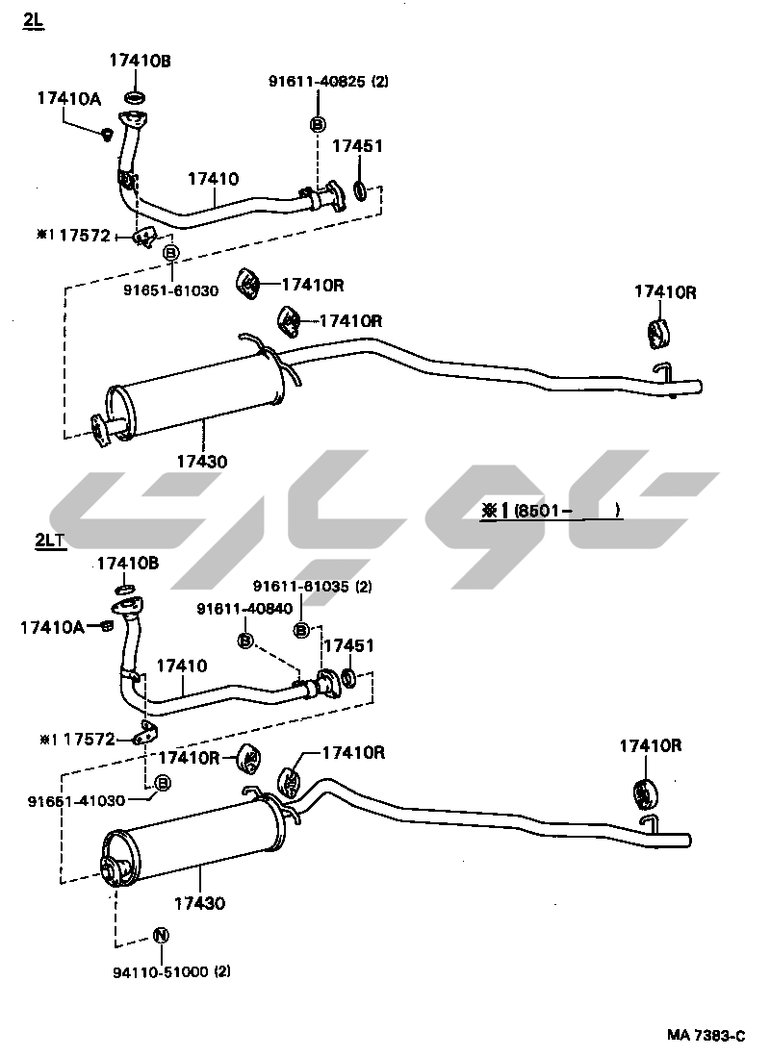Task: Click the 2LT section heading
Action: coord(50,541)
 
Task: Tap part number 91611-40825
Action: coord(318,83)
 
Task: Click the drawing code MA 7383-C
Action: coord(706,1035)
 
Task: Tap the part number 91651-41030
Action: coord(77,800)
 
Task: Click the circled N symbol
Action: coord(161,936)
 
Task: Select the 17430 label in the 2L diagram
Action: coord(201,462)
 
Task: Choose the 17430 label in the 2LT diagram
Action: coord(200,904)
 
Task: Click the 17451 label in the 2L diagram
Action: coord(357,147)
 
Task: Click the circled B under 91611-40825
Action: coord(318,123)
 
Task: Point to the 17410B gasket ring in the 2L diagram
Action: coord(136,96)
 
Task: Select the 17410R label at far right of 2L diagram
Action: coord(665,292)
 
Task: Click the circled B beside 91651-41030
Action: coord(163,784)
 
